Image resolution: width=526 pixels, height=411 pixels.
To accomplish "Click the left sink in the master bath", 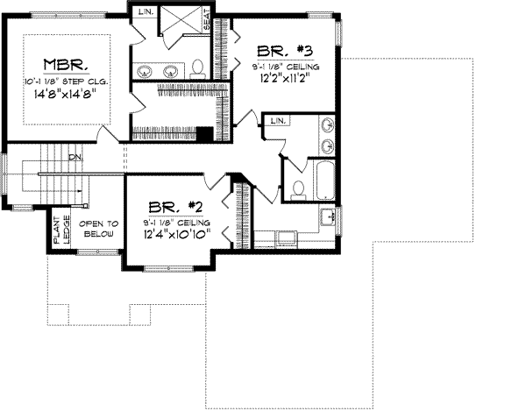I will pos(146,70).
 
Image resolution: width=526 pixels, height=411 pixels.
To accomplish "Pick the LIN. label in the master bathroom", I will pos(145,11).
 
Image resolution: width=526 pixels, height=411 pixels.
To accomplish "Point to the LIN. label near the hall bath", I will pos(280,120).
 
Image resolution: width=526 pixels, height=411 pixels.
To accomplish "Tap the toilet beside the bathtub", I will pos(298,187).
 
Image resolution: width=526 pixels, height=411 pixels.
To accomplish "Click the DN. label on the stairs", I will pos(77,157).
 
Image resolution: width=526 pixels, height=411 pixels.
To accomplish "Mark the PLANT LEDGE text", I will pos(60,232).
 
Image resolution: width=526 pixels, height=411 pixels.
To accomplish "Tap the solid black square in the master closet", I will pos(203,134).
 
